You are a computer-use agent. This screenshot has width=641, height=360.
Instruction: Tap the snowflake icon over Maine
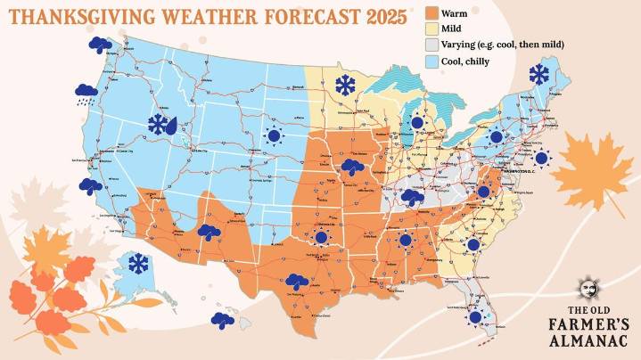538,74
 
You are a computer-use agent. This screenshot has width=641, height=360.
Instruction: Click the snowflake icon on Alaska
137,264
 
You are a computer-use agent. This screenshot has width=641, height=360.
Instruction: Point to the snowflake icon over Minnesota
343,86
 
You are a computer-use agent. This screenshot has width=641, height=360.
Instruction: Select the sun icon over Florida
475,316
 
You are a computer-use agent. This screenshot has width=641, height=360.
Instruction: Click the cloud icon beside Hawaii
222,318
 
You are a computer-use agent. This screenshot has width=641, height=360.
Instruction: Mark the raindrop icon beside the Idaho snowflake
171,126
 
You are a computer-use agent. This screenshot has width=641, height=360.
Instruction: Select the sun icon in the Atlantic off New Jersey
541,159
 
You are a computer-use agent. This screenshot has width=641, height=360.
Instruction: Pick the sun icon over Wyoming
273,135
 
